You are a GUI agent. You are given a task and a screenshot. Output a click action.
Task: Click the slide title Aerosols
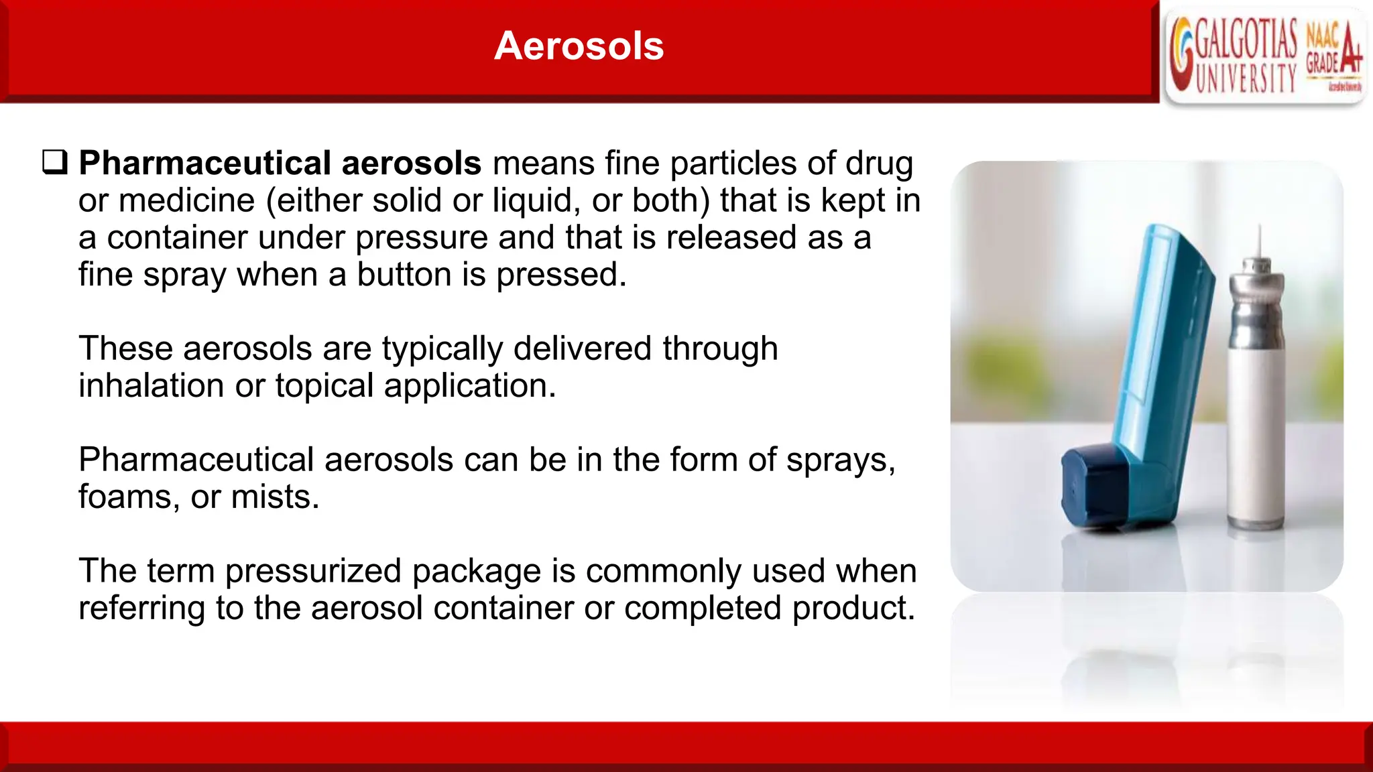pos(579,46)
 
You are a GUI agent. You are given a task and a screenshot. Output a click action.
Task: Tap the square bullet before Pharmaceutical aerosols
pos(55,163)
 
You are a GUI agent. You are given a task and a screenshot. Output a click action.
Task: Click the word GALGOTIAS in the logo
pos(1246,40)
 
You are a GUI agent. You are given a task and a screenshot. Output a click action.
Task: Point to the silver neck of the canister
pos(1256,302)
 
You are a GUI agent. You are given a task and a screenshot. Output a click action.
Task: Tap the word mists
pos(275,497)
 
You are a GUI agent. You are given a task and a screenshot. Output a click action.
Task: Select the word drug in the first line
pos(879,164)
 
